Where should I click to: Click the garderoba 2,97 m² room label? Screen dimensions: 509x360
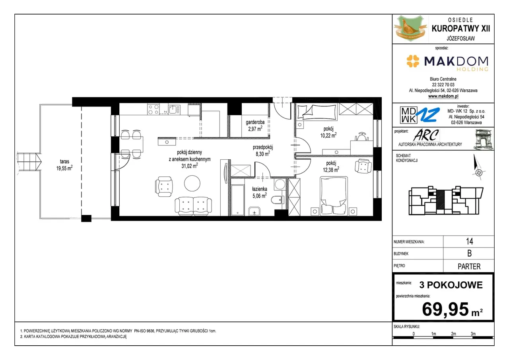tap(255, 126)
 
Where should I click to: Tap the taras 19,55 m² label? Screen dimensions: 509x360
tap(64, 165)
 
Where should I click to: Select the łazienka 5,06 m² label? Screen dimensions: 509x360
tap(260, 192)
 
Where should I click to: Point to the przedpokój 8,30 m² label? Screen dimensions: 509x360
tap(263, 151)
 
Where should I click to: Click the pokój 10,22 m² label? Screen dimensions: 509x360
tap(328, 132)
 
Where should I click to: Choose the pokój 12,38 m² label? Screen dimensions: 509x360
tap(331, 166)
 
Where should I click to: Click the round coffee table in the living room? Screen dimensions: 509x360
tap(192, 183)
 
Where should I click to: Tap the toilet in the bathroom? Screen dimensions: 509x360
tap(278, 200)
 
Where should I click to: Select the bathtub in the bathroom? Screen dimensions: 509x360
tap(238, 200)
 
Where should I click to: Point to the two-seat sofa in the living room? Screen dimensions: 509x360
tap(193, 206)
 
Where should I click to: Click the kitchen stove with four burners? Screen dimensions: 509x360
tap(153, 109)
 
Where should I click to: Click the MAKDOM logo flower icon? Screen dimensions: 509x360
tap(413, 61)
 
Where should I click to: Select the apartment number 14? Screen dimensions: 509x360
tap(470, 241)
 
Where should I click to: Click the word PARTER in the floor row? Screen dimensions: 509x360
tap(469, 266)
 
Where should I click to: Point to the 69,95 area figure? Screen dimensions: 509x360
tap(445, 309)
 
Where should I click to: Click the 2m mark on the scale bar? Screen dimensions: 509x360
tap(453, 334)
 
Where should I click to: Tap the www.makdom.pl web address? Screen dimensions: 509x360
tap(443, 96)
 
